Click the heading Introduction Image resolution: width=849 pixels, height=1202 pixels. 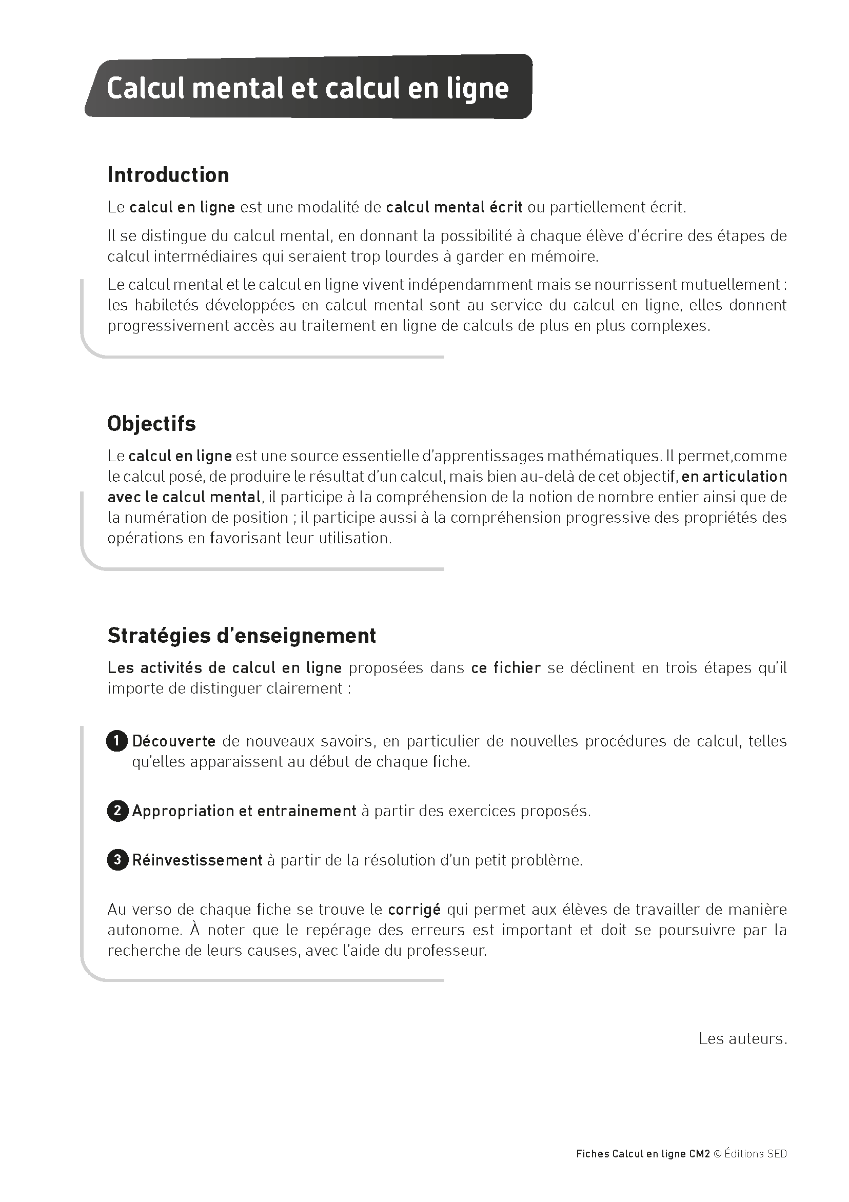click(168, 175)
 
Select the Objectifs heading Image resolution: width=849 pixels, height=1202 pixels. click(151, 424)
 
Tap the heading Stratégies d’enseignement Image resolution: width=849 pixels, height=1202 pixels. click(241, 636)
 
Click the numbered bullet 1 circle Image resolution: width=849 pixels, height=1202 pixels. click(117, 741)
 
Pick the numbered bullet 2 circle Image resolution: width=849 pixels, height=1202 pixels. click(117, 811)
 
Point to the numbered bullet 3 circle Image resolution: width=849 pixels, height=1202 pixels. click(117, 860)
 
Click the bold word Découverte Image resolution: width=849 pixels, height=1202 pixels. click(174, 741)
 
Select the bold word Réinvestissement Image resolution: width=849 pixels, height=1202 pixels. click(197, 860)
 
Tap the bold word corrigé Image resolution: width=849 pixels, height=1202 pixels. click(414, 910)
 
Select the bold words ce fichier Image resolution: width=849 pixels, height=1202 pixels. click(506, 668)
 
